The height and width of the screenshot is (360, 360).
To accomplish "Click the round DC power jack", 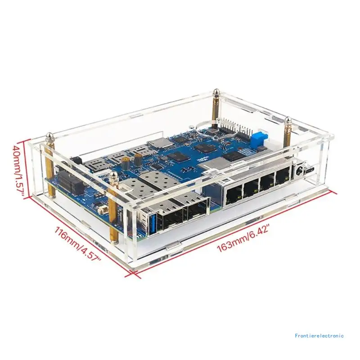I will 297,170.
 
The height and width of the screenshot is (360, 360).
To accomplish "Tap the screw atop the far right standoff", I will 288,121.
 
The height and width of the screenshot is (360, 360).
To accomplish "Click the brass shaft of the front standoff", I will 112,211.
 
